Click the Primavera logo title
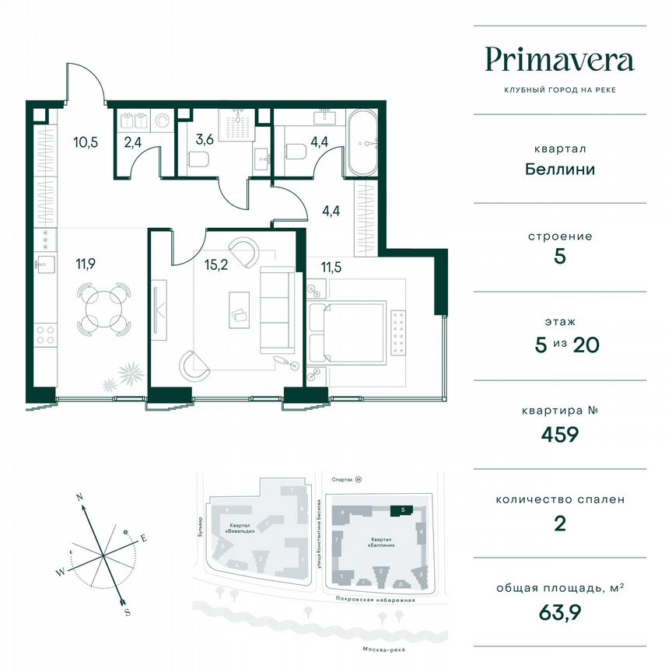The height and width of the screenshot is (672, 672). click(x=559, y=60)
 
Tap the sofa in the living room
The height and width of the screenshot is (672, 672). click(x=277, y=310)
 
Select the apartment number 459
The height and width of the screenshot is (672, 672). click(x=559, y=434)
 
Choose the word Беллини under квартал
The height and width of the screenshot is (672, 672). click(x=559, y=169)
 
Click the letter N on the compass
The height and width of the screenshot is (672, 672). click(x=79, y=495)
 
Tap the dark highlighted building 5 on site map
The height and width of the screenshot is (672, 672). click(x=401, y=509)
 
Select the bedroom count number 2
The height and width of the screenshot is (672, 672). click(x=559, y=523)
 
